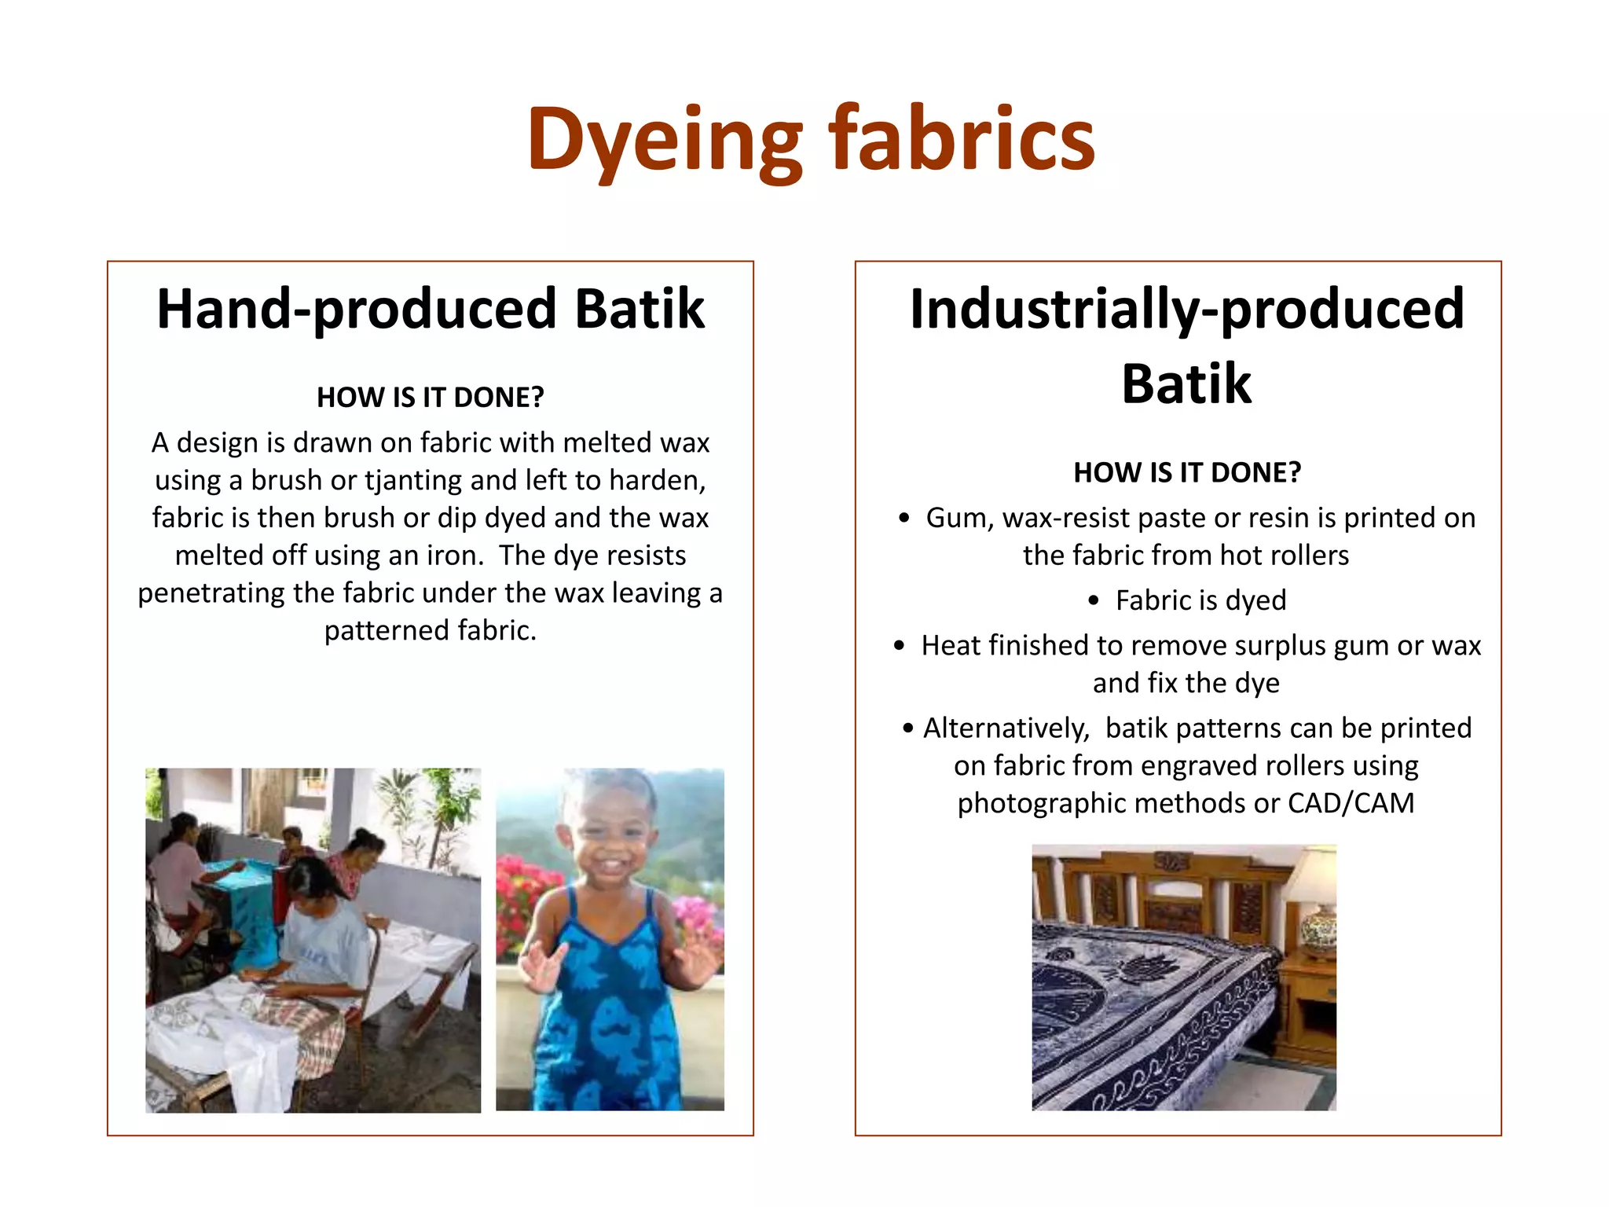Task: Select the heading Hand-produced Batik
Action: pyautogui.click(x=431, y=309)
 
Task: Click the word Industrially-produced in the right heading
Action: pyautogui.click(x=1186, y=309)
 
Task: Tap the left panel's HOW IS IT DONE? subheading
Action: pyautogui.click(x=431, y=398)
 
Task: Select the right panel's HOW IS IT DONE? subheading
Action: pyautogui.click(x=1186, y=473)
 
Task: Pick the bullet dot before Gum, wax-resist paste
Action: pyautogui.click(x=904, y=519)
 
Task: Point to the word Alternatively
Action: pyautogui.click(x=1006, y=728)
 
